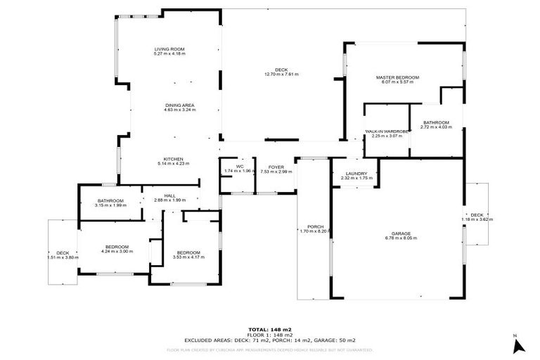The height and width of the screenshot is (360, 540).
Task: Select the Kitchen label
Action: [174, 158]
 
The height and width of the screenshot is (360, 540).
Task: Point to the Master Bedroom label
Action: [397, 77]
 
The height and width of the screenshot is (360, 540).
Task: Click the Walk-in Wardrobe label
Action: [387, 131]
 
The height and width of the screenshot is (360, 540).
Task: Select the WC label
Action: [240, 167]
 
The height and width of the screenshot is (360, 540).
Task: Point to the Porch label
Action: [314, 226]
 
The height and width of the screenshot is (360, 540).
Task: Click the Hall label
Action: [169, 196]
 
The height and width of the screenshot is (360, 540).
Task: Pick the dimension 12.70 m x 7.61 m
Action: [281, 74]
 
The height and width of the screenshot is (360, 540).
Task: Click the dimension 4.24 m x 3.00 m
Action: [115, 251]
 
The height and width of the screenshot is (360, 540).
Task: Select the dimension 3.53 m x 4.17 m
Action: [188, 257]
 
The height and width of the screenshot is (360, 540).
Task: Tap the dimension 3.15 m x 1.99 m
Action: [111, 206]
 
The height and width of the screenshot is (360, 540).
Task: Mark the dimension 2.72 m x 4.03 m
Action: [435, 127]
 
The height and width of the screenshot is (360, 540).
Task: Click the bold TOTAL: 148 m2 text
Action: [269, 330]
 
